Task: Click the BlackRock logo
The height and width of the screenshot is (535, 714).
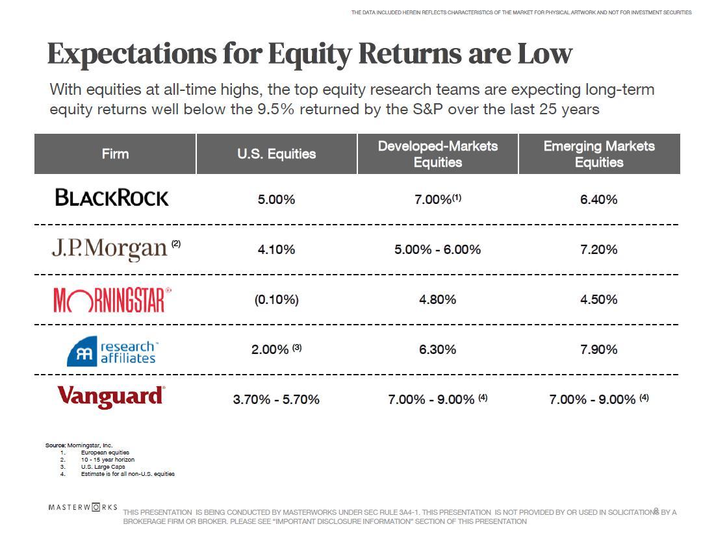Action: coord(112,197)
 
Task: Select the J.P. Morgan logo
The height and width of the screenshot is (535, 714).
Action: coord(110,248)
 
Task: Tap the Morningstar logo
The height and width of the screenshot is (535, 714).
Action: coord(112,299)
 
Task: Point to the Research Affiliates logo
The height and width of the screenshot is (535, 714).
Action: coord(112,351)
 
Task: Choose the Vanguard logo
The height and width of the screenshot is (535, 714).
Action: coord(111,396)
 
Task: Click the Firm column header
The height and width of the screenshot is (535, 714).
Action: coord(115,154)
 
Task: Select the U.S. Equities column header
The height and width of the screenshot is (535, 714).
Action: coord(276,154)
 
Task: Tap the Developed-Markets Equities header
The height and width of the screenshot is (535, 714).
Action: coord(437,154)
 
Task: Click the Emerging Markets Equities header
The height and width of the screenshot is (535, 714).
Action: coord(598,154)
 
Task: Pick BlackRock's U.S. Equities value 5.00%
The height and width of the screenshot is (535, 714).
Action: coord(276,199)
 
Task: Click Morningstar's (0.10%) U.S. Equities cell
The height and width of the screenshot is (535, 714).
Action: coord(276,299)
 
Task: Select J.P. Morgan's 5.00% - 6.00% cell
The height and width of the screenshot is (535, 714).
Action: coord(437,249)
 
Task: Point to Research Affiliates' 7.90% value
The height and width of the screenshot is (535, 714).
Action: coord(598,349)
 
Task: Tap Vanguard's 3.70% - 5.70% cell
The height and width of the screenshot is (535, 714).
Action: coord(276,399)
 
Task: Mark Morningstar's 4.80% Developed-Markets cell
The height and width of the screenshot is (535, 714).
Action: coord(437,299)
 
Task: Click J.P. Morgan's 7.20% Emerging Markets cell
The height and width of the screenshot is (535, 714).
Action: coord(598,249)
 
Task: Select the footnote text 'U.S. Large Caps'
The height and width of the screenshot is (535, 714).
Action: coord(103,467)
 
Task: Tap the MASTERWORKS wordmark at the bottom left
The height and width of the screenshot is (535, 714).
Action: coord(83,506)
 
